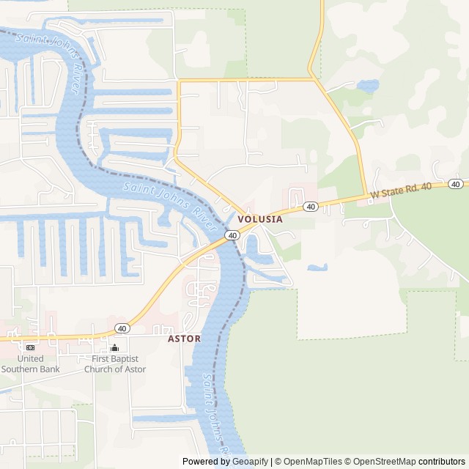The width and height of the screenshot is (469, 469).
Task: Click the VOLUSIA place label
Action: [x=260, y=218]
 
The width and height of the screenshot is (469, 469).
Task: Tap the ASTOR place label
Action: [x=184, y=339]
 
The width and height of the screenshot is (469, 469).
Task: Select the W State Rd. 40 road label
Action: [x=401, y=192]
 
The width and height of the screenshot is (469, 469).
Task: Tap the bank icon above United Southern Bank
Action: [x=30, y=347]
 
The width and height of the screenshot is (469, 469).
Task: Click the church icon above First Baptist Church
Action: [x=114, y=347]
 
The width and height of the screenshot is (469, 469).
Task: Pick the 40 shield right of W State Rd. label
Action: [x=455, y=184]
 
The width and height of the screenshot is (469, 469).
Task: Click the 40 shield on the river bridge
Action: [x=232, y=235]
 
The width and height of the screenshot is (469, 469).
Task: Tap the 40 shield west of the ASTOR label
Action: [x=122, y=328]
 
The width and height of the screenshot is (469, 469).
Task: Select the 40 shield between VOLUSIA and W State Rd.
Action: [x=311, y=207]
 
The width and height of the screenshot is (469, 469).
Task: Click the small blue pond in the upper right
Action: [x=368, y=86]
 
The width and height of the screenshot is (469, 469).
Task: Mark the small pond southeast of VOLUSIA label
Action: [x=317, y=267]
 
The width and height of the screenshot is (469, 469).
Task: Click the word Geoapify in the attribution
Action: [x=251, y=462]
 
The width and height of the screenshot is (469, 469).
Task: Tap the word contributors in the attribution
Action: [x=441, y=462]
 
